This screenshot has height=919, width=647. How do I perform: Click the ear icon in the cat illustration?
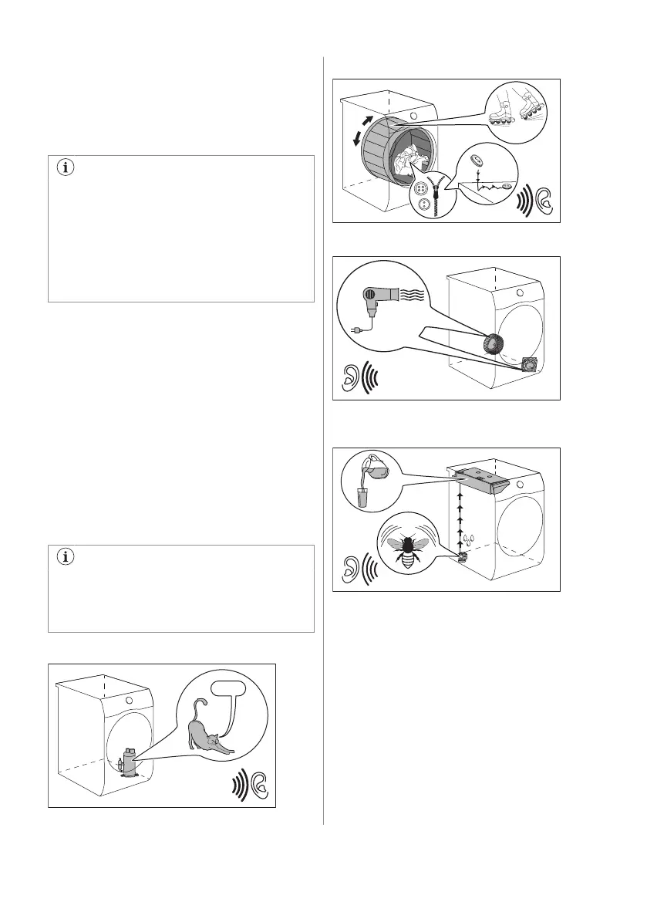(258, 786)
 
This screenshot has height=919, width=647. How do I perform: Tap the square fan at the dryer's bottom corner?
(531, 363)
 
